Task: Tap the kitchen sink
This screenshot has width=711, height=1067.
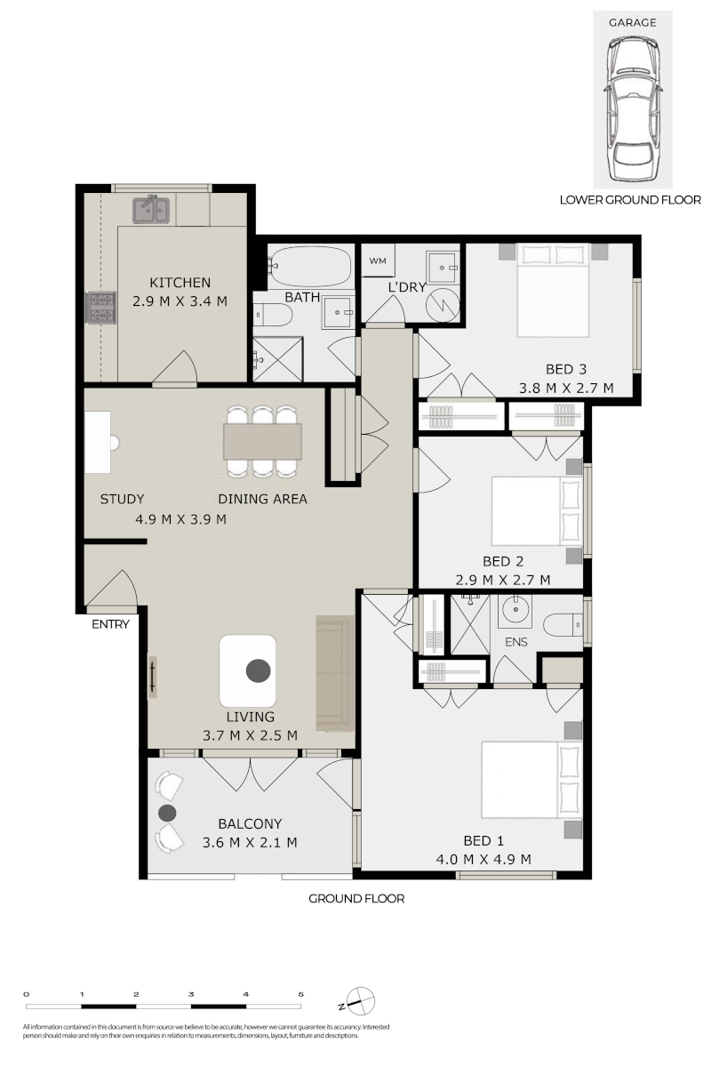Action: click(150, 209)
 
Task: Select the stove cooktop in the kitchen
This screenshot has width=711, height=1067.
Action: click(100, 308)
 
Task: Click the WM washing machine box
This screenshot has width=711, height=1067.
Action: click(378, 261)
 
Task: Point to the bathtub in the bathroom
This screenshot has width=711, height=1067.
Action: click(310, 266)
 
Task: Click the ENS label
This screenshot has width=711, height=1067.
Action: click(515, 642)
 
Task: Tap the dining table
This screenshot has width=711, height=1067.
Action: click(262, 441)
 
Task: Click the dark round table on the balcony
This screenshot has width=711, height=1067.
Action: click(167, 813)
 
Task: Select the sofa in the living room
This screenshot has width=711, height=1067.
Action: click(335, 673)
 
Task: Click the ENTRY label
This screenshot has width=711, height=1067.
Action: click(110, 624)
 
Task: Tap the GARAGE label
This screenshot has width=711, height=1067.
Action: click(632, 22)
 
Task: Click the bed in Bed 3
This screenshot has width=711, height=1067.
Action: click(553, 291)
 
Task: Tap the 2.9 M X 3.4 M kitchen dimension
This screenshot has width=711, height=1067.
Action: click(180, 301)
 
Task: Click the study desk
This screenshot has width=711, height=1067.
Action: click(98, 442)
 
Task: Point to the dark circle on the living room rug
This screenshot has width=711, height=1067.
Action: click(258, 670)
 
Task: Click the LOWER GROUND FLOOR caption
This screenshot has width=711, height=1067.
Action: click(630, 200)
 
